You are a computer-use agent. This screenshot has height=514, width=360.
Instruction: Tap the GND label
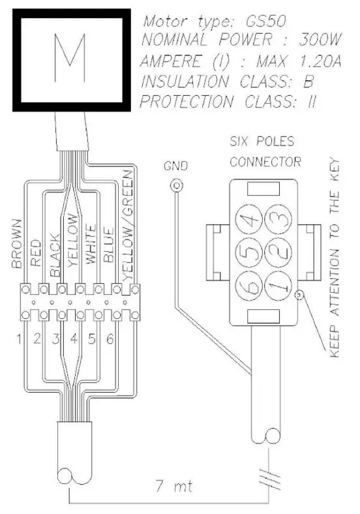(175, 166)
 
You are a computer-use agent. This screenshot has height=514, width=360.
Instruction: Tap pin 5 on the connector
(248, 252)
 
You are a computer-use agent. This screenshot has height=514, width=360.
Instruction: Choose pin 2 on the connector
(278, 252)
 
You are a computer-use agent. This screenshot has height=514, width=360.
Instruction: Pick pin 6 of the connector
(248, 283)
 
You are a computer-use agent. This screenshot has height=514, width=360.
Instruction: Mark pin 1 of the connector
(278, 283)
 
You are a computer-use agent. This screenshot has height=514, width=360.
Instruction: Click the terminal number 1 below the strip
(20, 339)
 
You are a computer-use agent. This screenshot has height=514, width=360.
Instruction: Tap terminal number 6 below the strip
(111, 339)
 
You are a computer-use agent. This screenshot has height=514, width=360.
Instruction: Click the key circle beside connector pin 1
(299, 295)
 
